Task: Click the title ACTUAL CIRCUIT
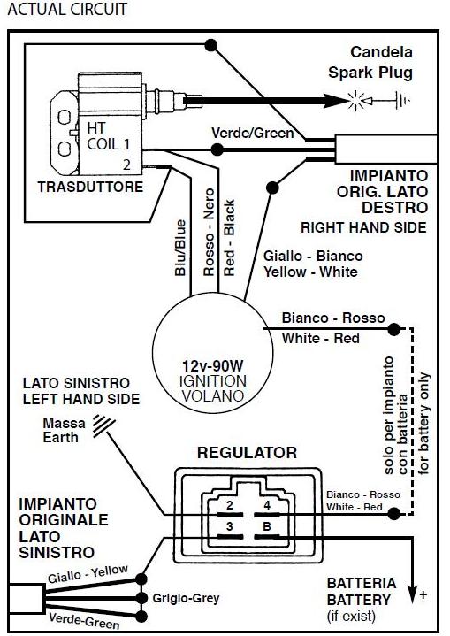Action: click(x=67, y=10)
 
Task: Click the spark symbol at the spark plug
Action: click(x=356, y=100)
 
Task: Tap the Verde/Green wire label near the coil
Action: click(x=253, y=133)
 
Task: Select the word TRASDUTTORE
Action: click(x=90, y=187)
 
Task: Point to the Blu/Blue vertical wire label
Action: click(x=180, y=248)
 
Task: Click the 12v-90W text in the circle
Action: click(x=212, y=366)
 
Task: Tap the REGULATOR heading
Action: click(x=247, y=453)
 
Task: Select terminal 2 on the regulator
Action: click(x=230, y=505)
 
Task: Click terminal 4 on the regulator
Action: click(x=267, y=505)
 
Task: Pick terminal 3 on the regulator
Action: click(x=230, y=526)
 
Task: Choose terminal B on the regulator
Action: click(x=267, y=526)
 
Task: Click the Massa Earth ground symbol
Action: click(x=103, y=425)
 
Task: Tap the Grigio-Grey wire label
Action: click(x=186, y=598)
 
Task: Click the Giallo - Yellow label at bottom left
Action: click(x=88, y=573)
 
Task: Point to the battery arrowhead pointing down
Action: click(x=413, y=596)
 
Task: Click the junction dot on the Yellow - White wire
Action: click(x=272, y=188)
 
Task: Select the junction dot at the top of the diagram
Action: click(x=210, y=45)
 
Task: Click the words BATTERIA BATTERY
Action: click(x=362, y=592)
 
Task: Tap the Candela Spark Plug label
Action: click(x=370, y=63)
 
